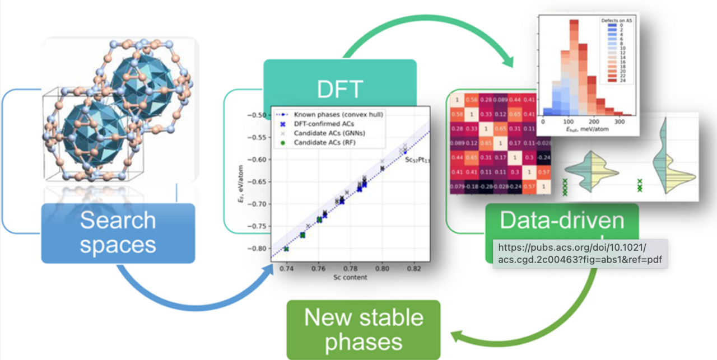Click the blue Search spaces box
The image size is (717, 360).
coord(118,233)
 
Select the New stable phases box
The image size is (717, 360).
coord(364,330)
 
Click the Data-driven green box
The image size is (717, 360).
coord(561,222)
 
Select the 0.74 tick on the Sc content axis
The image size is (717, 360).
coord(286,269)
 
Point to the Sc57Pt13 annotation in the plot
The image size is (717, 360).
coord(417,160)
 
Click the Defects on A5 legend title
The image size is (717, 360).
coord(618,20)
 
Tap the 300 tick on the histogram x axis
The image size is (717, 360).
coord(619,121)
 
